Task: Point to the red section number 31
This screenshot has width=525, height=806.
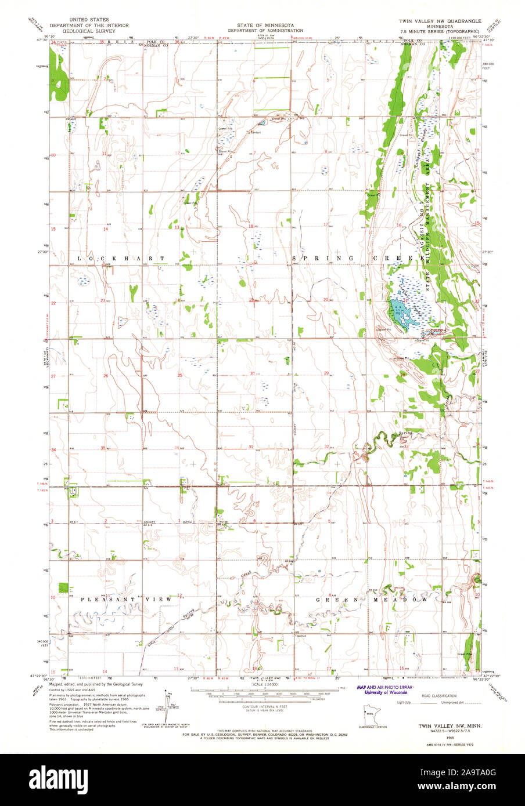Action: tap(251, 447)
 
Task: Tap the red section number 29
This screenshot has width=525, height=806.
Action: tap(326, 373)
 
